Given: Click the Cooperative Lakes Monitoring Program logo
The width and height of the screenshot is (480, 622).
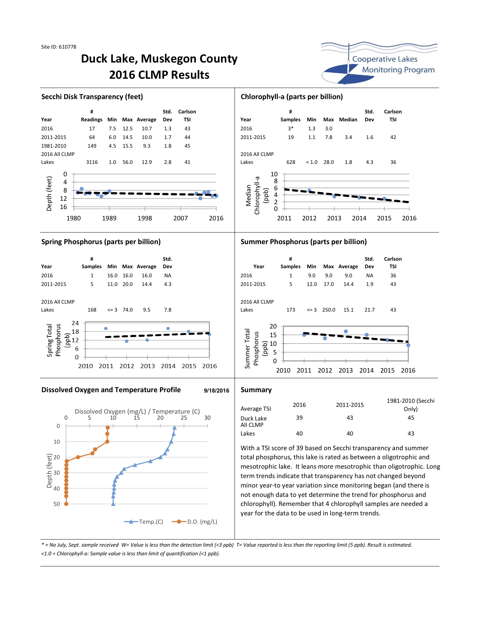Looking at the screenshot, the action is click(x=379, y=63).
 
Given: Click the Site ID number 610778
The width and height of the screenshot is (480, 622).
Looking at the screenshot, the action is click(x=67, y=47).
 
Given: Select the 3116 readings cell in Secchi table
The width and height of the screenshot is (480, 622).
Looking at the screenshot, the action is click(x=92, y=162).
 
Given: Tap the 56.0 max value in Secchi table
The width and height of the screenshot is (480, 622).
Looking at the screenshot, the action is click(x=128, y=162).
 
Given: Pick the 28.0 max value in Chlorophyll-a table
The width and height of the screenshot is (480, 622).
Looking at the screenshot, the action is click(x=329, y=162).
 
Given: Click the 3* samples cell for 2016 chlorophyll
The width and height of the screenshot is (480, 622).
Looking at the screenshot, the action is click(x=291, y=128).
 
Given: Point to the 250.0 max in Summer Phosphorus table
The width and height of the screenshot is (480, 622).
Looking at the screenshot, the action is click(x=329, y=310).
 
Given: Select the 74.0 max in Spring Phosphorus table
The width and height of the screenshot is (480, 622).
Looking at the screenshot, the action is click(x=128, y=310).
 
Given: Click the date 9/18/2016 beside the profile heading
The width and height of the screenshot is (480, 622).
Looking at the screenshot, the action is click(x=216, y=391).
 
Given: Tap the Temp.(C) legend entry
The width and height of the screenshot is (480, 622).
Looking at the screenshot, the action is click(x=143, y=521).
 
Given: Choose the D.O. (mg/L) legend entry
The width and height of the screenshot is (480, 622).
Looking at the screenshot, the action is click(x=195, y=521).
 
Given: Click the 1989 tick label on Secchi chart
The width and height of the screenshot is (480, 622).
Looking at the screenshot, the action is click(x=109, y=218).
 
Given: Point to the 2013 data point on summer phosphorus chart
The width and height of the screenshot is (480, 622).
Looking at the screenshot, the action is click(x=346, y=332).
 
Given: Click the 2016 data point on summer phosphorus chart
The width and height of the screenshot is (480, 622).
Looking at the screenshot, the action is click(x=408, y=345).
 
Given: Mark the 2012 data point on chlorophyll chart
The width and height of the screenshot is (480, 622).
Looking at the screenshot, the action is click(x=309, y=190).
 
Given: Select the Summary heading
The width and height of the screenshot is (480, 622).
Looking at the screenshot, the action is click(x=256, y=390).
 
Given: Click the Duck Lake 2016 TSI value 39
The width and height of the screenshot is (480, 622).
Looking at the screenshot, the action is click(x=299, y=418).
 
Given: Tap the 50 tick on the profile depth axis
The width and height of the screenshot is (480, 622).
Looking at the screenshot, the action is click(x=56, y=504).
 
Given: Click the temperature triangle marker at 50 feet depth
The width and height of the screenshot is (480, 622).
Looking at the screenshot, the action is click(x=113, y=504).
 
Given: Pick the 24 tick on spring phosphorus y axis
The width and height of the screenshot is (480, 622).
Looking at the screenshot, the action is click(x=75, y=323).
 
